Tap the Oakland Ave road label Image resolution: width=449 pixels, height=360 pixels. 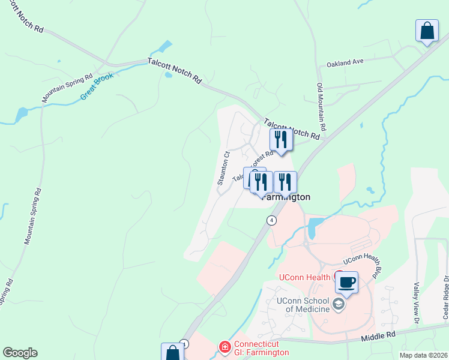click(x=345, y=62)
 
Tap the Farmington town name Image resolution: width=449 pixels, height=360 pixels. click(x=287, y=197)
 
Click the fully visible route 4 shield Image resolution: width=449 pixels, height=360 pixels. click(x=273, y=220)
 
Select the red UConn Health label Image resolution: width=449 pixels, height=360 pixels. click(x=304, y=277)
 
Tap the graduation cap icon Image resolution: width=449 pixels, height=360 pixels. click(x=339, y=304)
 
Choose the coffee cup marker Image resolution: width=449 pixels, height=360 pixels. click(x=347, y=281)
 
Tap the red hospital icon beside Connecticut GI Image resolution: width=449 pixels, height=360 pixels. click(x=224, y=347)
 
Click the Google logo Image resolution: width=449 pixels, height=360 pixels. click(x=20, y=353)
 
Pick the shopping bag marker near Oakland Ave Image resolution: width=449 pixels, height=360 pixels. click(x=427, y=31)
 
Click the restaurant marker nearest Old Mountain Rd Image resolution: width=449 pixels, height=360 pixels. click(x=280, y=140)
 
